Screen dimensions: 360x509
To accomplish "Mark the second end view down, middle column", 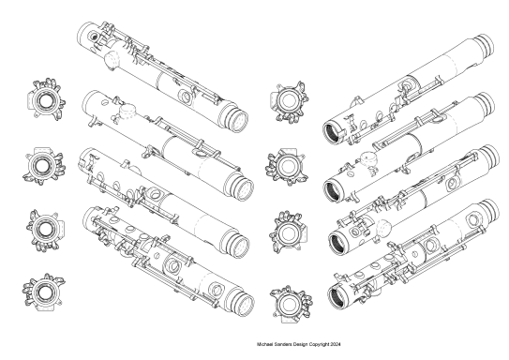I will point(285,165).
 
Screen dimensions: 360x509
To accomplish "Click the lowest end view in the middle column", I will point(286,300).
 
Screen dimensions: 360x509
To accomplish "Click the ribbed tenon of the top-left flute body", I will point(238,119).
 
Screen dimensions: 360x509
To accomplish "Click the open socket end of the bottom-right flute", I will point(339,297).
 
